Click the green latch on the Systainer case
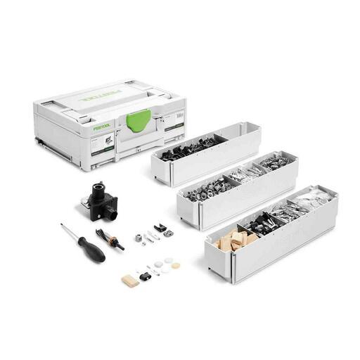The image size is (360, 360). (139, 119)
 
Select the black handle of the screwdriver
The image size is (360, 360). (91, 249)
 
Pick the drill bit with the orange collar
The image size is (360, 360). (113, 239)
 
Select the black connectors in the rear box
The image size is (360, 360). (190, 148)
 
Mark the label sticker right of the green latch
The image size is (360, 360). (173, 127)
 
